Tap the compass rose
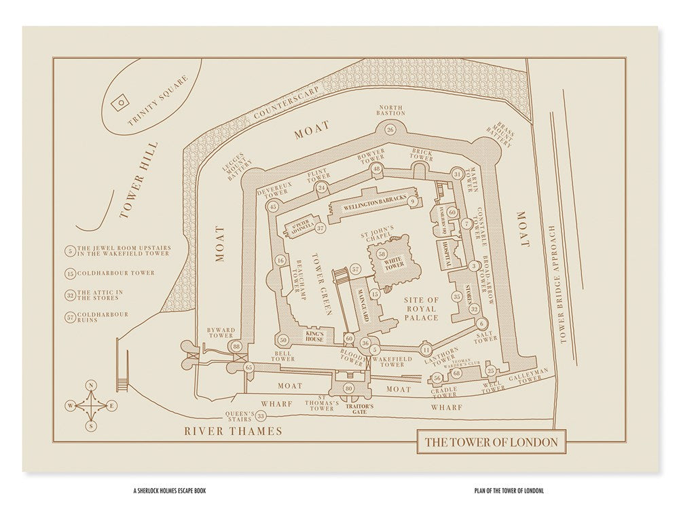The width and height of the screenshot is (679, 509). coord(90,406)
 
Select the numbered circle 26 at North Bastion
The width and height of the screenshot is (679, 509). coord(390,130)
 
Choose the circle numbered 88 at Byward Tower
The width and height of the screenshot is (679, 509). coord(236,347)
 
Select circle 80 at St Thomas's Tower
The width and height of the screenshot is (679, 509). coord(349,388)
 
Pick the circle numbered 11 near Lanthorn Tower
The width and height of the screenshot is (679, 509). coord(426,350)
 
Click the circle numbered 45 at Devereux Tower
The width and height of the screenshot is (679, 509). coord(274,206)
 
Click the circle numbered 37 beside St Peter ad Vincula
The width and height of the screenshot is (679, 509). coord(321,229)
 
